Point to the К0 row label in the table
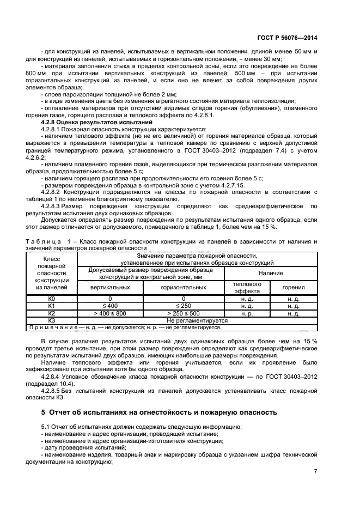tap(52, 299)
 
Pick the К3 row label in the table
tap(52, 320)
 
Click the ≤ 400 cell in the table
tap(109, 306)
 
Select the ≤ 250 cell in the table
tap(183, 306)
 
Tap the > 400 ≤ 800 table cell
tap(109, 313)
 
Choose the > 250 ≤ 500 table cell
tap(183, 313)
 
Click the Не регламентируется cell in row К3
tap(197, 320)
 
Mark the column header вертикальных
tap(109, 287)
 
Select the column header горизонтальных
tap(183, 287)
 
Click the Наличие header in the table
tap(270, 273)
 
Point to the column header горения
tap(294, 287)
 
